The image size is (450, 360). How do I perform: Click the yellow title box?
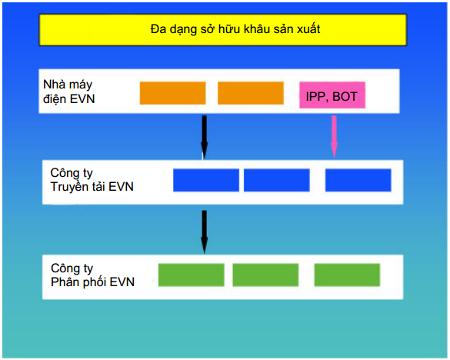point(223,30)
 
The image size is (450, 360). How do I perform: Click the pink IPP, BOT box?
point(332,95)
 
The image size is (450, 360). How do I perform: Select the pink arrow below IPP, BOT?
point(334,137)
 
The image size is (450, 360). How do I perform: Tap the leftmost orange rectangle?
point(173,93)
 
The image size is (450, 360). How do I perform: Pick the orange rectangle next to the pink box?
point(251,93)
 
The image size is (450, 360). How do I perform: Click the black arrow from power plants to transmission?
point(205,137)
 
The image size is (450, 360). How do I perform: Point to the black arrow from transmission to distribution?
point(205,232)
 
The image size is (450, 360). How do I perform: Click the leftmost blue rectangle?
point(206,180)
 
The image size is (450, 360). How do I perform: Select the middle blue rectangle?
point(277,180)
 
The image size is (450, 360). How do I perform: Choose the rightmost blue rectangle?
point(358,180)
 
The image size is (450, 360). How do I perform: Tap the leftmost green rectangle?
point(191,275)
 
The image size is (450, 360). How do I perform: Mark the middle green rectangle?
point(265,275)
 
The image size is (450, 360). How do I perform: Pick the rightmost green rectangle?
point(347,275)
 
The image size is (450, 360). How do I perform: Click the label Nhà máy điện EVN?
point(69,92)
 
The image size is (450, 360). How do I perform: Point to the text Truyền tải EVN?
point(92,187)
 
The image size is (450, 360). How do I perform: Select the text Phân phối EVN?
point(93,282)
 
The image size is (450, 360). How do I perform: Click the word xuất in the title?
point(308,28)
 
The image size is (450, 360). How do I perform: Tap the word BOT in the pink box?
point(345,96)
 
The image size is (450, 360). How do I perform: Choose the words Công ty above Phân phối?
point(72,268)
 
